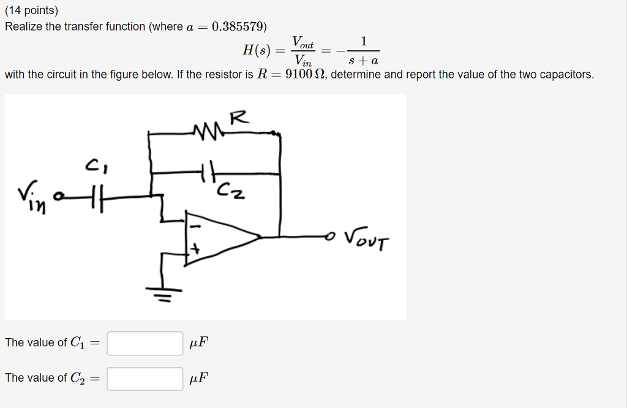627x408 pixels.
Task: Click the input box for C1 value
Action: [x=145, y=343]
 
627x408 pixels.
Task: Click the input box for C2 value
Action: [x=145, y=379]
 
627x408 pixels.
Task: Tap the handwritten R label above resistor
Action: [x=239, y=118]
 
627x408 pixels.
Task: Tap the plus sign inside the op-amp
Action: [x=197, y=250]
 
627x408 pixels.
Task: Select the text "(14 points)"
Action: [x=31, y=10]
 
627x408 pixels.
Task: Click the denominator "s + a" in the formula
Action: [x=364, y=61]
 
